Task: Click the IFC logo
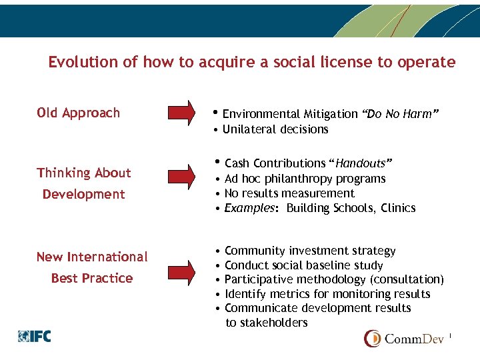coord(35,336)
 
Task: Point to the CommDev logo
coord(407,338)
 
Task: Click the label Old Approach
coord(79,113)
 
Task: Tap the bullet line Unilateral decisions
coord(275,129)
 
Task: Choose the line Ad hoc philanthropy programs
coord(305,179)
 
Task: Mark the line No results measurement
coord(289,193)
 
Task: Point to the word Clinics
coord(398,208)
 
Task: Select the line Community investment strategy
coord(310,251)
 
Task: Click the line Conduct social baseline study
coord(304,265)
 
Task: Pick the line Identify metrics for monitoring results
coord(327,294)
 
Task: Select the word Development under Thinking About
coord(84,194)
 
